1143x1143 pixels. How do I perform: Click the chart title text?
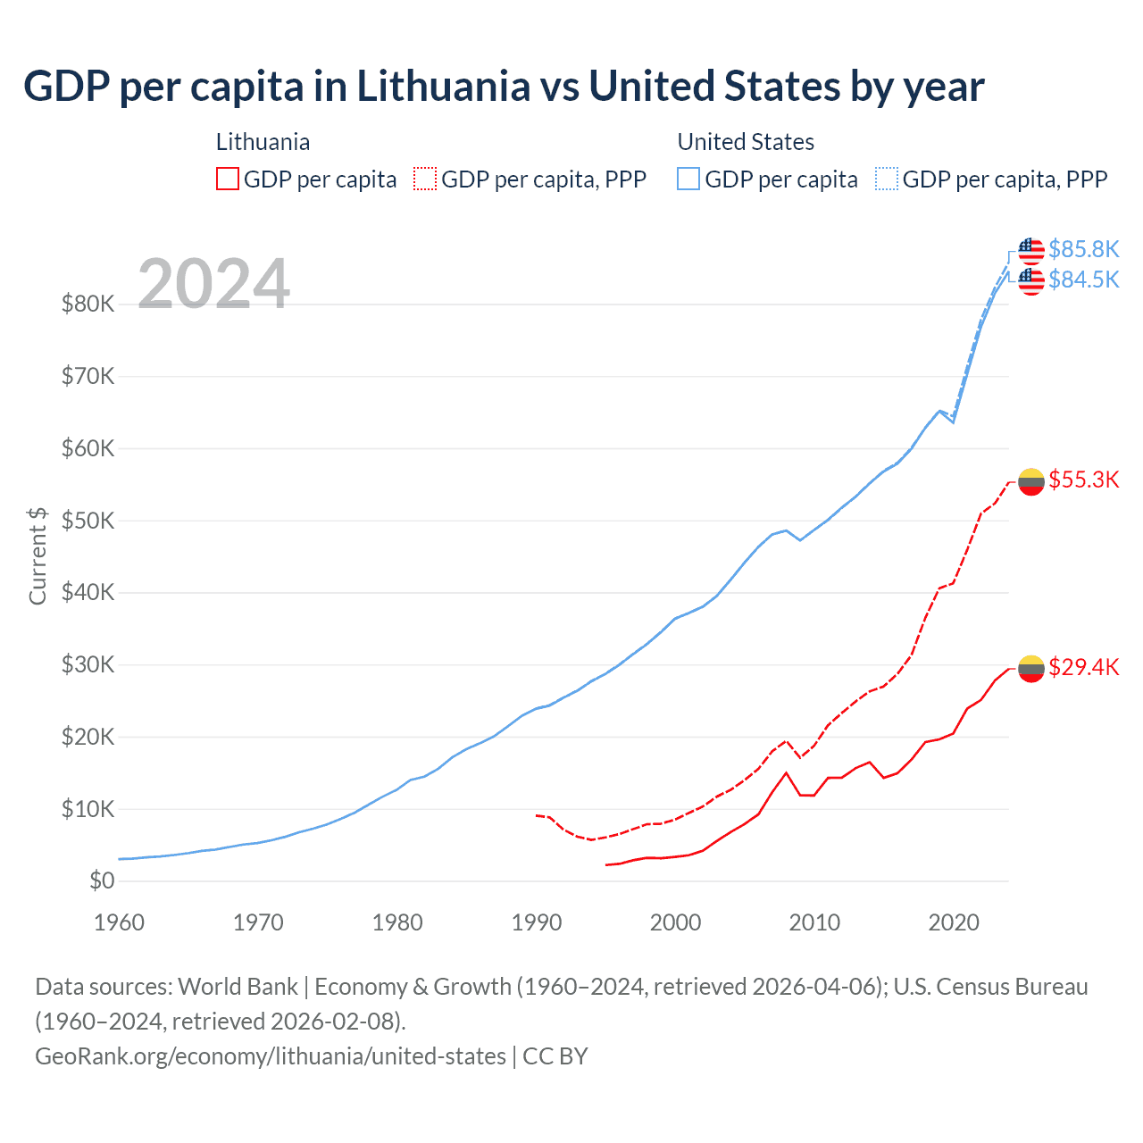coord(504,87)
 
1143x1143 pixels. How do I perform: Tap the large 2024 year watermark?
coord(213,284)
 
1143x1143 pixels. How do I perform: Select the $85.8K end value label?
coord(1083,249)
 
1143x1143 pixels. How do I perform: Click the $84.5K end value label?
coord(1083,279)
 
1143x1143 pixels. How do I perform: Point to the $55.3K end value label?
coord(1083,480)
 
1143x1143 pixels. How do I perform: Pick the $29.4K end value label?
coord(1083,667)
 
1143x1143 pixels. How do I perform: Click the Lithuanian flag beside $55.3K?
coord(1031,481)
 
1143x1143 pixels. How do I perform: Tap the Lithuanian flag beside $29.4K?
coord(1031,668)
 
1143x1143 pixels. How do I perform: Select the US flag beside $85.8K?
coord(1031,251)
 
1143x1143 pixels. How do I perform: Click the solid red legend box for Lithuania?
coord(228,179)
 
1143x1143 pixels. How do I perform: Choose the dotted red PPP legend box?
coord(425,179)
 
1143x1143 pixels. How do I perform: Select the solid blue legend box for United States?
coord(688,179)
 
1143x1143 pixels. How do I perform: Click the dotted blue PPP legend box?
coord(887,179)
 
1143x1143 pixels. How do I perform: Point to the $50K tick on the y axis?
coord(88,521)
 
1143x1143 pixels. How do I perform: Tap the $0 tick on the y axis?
coord(102,881)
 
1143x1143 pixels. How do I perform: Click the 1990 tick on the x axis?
coord(537,922)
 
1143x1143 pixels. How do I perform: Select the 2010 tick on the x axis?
coord(814,922)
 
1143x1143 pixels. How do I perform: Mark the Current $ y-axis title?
coord(38,555)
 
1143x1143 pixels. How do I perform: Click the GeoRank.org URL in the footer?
coord(271,1056)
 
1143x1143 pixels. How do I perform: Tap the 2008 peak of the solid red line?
coord(786,773)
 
